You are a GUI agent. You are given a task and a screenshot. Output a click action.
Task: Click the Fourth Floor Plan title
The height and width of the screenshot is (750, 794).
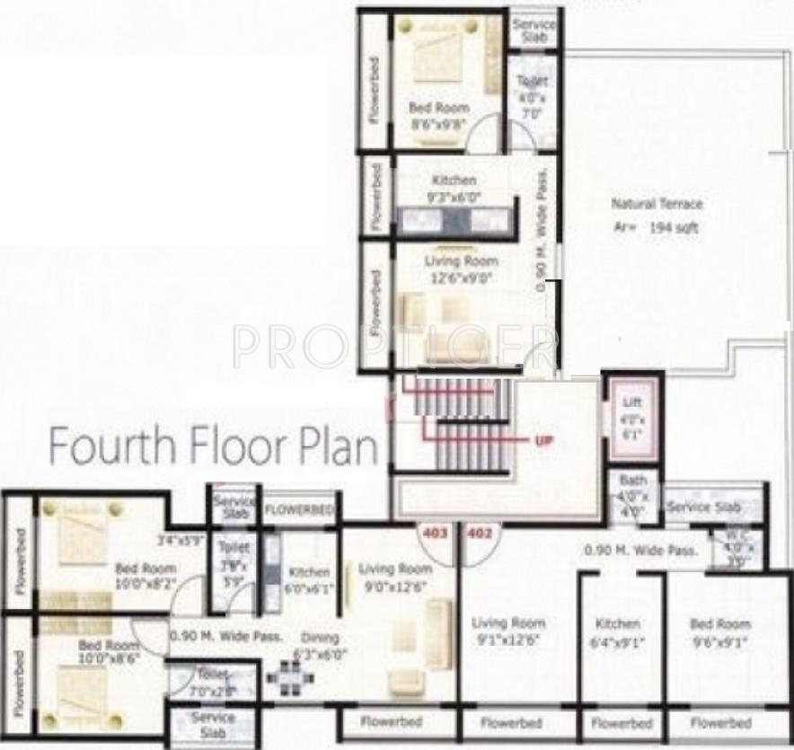point(213,447)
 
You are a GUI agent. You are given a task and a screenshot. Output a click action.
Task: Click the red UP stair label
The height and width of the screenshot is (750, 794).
point(543,441)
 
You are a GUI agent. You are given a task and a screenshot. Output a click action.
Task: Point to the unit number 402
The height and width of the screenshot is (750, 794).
point(481,534)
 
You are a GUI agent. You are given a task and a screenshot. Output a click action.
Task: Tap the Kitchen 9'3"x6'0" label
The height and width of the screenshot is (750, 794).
point(454,188)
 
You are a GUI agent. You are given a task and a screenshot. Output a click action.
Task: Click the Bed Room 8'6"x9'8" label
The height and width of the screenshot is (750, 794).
point(438,115)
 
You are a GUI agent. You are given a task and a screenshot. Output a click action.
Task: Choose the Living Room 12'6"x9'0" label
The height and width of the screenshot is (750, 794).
point(461,269)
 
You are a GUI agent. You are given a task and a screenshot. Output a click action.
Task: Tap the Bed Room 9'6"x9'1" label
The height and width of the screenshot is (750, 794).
point(719,631)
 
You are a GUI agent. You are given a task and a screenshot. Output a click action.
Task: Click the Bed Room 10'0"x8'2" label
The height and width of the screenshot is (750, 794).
point(146,576)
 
